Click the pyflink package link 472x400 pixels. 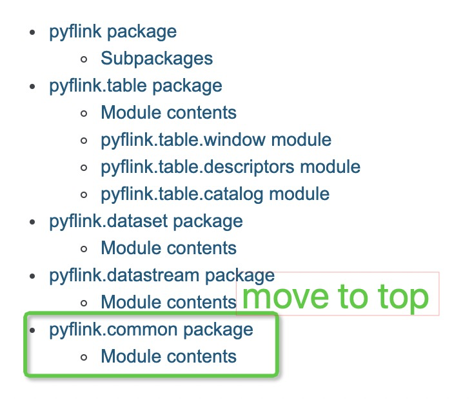pos(112,32)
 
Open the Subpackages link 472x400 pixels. pos(157,59)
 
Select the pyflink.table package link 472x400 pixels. pos(135,86)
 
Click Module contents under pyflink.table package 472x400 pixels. pos(168,113)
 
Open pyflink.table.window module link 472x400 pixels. pos(216,140)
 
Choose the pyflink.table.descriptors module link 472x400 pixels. pos(230,167)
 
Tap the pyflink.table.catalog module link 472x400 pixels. pos(215,194)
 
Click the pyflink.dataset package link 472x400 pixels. pos(146,221)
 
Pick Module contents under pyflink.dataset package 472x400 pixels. pos(168,248)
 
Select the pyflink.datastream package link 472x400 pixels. pos(162,275)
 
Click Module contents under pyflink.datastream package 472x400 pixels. pos(168,302)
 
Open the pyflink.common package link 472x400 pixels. pos(151,330)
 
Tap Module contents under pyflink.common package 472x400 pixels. pos(168,356)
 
